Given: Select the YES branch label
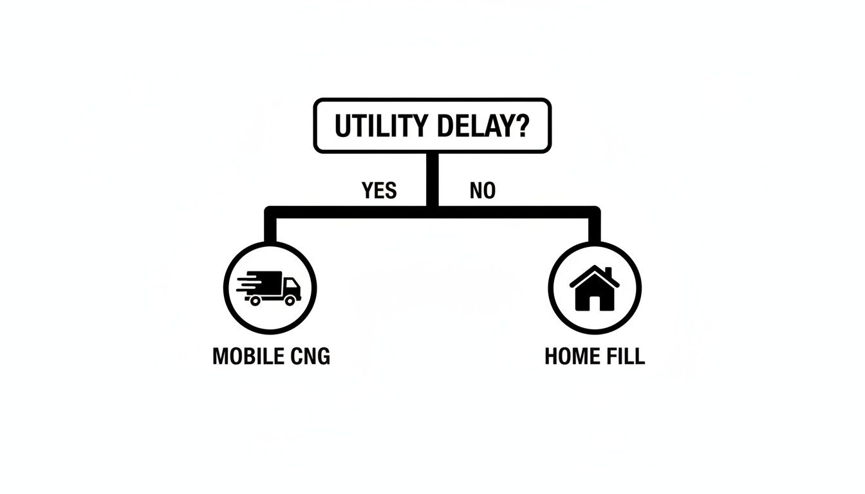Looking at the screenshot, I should click(x=379, y=190).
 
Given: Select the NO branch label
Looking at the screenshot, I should click(x=483, y=190).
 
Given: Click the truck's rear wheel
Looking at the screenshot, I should click(x=255, y=300).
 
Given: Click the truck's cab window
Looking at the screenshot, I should click(x=290, y=284).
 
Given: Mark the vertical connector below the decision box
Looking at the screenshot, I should click(x=432, y=180).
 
